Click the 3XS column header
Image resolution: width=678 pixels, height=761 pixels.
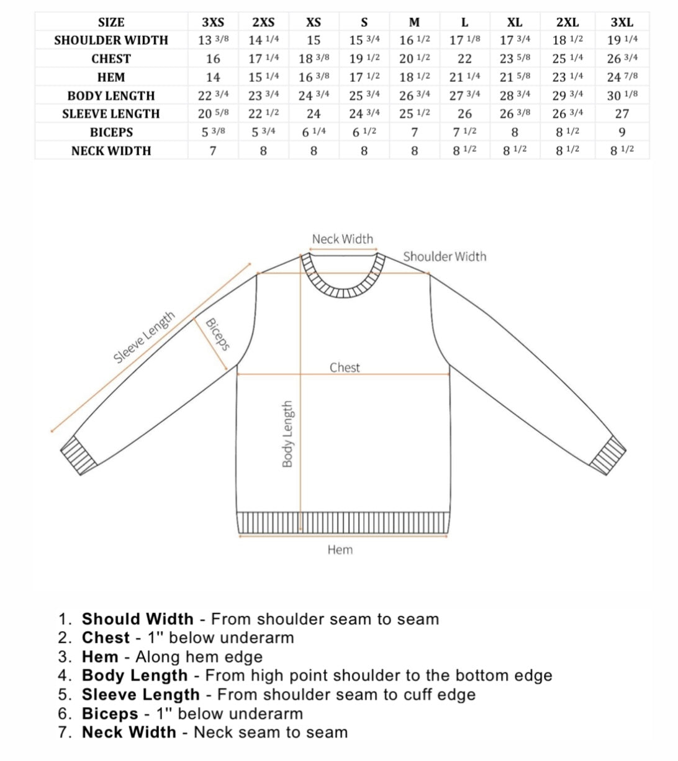click(213, 22)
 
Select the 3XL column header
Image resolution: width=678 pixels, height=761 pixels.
click(621, 22)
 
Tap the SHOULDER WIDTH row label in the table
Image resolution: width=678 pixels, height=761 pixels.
click(111, 40)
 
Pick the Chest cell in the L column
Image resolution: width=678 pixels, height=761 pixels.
click(464, 59)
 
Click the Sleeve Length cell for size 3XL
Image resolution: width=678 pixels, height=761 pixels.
click(621, 114)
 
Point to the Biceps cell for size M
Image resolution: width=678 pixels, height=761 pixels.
click(414, 132)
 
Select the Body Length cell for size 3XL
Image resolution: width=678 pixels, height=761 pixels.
click(621, 96)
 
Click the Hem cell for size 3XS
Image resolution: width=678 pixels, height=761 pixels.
click(213, 78)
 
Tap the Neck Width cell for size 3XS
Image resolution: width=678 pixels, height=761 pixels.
click(213, 151)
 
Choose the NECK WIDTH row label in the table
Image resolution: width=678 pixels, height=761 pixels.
click(111, 151)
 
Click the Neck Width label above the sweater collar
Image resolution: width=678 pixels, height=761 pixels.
click(343, 239)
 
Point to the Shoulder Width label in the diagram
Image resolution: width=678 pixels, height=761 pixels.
click(445, 256)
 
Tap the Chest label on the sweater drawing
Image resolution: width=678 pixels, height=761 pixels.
click(345, 367)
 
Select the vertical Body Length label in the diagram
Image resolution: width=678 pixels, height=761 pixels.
click(287, 434)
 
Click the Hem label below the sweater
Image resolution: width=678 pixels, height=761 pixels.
click(340, 549)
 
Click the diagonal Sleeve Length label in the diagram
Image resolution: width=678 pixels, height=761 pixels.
click(144, 338)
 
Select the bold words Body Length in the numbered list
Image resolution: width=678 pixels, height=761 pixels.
click(135, 675)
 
